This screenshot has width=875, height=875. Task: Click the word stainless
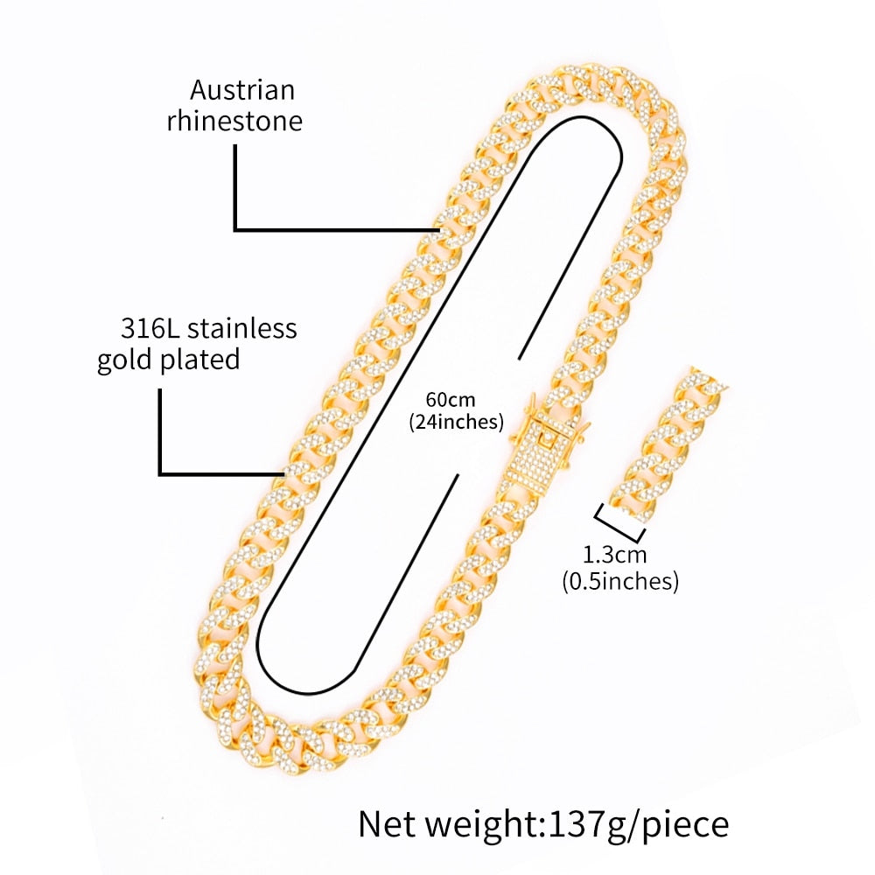(x=242, y=329)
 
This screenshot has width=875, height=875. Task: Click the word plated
(x=203, y=359)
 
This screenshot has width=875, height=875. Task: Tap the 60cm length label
(x=451, y=400)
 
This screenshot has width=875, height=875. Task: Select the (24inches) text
(x=457, y=421)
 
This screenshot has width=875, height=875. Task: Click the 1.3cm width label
(x=614, y=554)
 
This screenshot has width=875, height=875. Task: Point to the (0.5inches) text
(x=620, y=580)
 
